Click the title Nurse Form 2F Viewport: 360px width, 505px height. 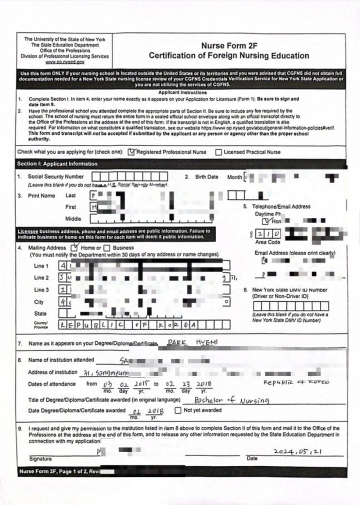click(x=229, y=46)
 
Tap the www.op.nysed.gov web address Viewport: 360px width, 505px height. click(x=65, y=62)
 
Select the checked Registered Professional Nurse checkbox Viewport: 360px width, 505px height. click(x=132, y=152)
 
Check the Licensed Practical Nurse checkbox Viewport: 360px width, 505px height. click(x=219, y=152)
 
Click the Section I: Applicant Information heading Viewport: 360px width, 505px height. click(x=57, y=164)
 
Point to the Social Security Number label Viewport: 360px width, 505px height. click(x=55, y=177)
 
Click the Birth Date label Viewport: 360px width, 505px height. click(x=206, y=177)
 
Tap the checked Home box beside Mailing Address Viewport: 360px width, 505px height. click(x=75, y=247)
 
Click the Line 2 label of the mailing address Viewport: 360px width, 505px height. click(x=41, y=278)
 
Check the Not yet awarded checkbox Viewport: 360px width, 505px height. click(x=178, y=411)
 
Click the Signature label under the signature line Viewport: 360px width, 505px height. click(x=40, y=459)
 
